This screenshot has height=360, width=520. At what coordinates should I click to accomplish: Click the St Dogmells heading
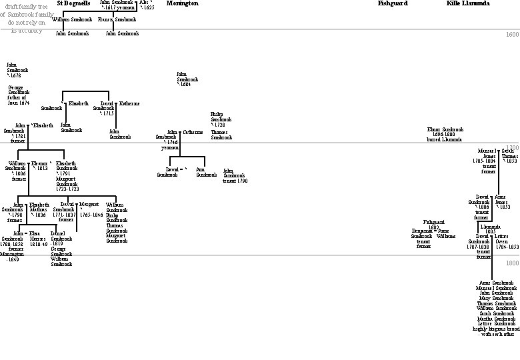click(x=73, y=3)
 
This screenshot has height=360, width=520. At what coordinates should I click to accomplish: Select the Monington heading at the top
click(x=182, y=3)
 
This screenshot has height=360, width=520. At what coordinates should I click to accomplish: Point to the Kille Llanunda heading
click(x=468, y=3)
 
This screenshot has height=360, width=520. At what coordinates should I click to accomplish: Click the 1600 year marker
click(x=512, y=35)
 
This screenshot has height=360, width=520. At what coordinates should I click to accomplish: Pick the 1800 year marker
click(x=512, y=263)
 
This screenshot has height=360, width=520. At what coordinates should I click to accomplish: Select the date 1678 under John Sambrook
click(x=15, y=76)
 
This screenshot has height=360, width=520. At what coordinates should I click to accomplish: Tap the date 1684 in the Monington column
click(x=185, y=85)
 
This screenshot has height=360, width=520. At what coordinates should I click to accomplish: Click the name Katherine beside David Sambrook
click(x=129, y=103)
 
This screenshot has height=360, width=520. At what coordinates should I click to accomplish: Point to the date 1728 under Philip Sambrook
click(x=219, y=125)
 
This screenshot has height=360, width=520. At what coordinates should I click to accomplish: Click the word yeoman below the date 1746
click(x=169, y=147)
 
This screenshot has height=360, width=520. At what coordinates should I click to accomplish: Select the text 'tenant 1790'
click(x=235, y=181)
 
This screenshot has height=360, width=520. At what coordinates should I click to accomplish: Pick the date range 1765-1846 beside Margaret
click(x=91, y=215)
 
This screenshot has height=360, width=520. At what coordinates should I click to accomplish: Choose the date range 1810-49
click(x=39, y=244)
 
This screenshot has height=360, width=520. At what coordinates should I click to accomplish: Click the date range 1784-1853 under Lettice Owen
click(x=505, y=247)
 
